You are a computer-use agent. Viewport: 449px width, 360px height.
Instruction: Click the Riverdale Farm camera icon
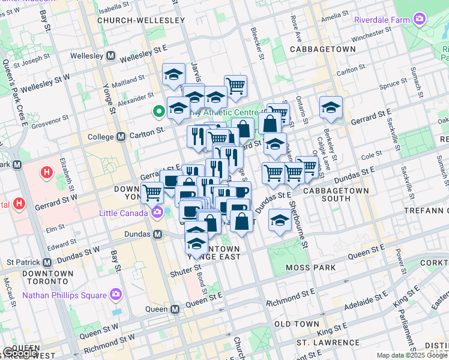coord(419,19)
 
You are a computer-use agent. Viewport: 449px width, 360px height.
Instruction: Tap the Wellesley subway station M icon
coord(110,55)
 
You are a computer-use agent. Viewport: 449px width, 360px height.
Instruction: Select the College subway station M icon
coord(121,136)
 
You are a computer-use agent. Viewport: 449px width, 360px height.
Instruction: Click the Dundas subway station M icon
coord(158,234)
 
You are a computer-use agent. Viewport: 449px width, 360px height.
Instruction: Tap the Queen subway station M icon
coord(175,309)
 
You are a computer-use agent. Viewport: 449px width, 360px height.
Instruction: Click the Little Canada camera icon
coord(158,212)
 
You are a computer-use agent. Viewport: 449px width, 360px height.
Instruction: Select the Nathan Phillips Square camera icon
coord(115,295)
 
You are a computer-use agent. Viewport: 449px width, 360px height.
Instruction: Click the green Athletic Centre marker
coord(159,111)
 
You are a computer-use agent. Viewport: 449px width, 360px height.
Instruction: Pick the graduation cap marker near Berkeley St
coord(331,107)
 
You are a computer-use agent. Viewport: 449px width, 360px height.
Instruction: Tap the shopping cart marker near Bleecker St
coord(235,86)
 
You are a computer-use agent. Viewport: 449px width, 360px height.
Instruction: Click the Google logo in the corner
coord(20,353)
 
